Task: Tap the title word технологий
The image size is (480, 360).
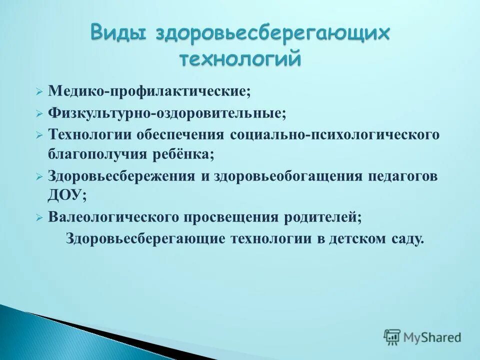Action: [x=240, y=58]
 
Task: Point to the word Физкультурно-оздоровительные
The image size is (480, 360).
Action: [x=167, y=113]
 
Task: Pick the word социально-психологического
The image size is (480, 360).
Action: [x=334, y=135]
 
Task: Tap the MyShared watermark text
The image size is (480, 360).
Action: [x=432, y=337]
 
